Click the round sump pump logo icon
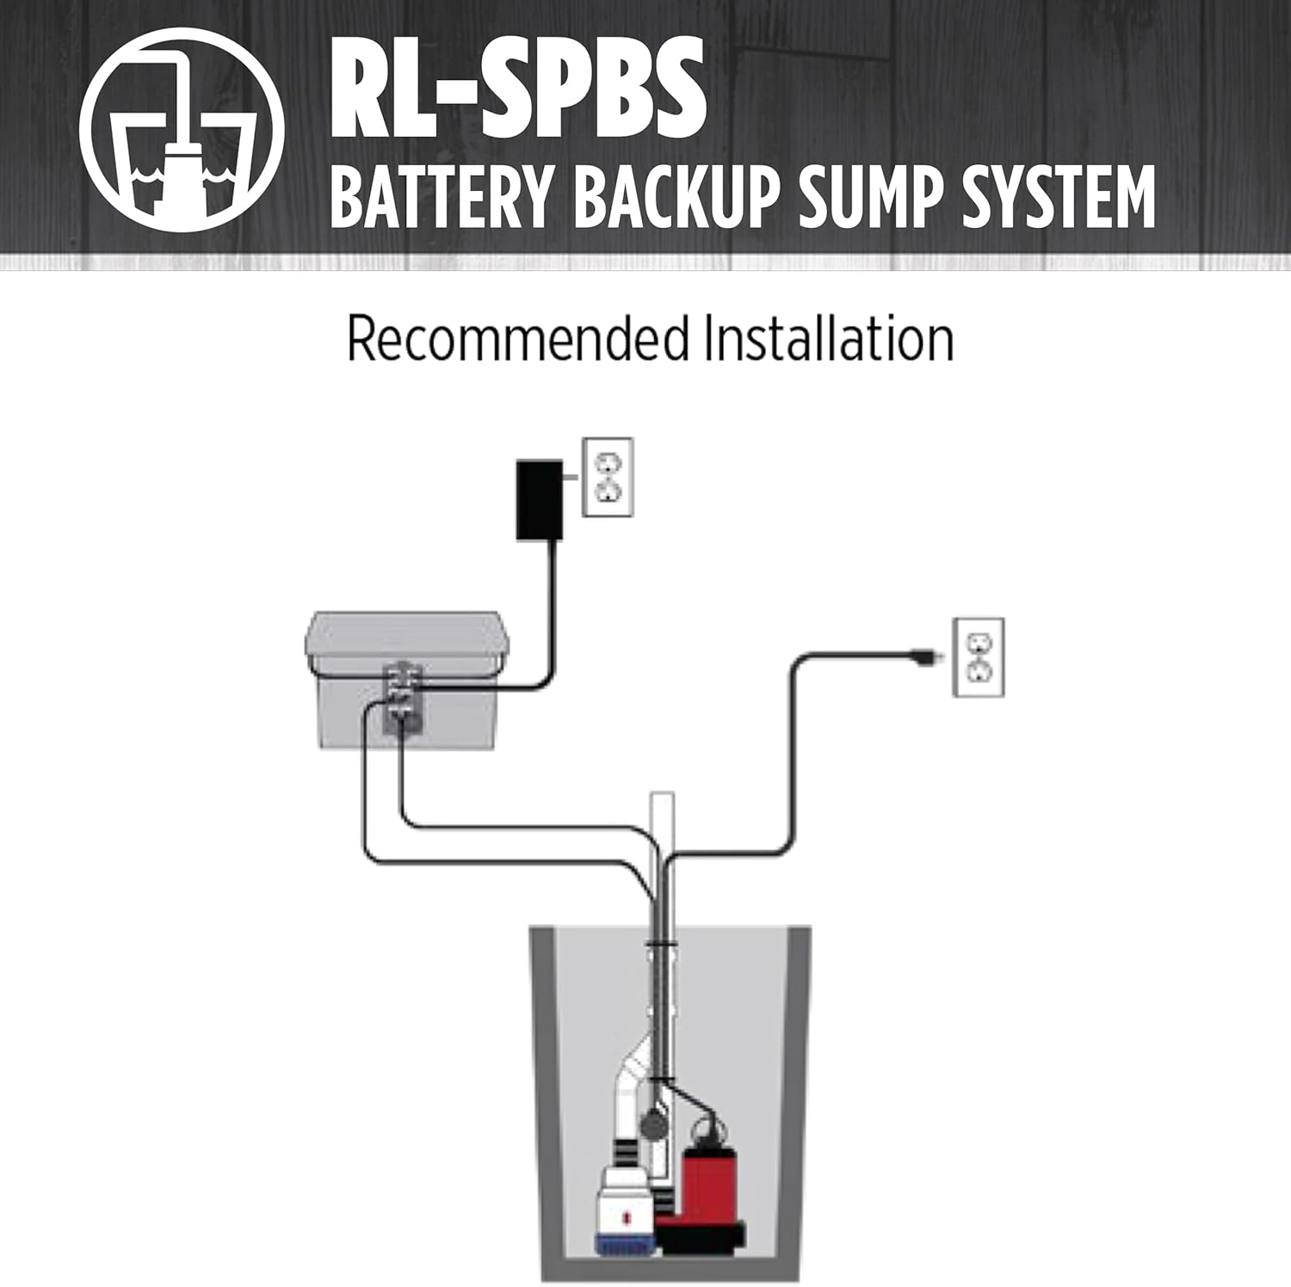pyautogui.click(x=182, y=130)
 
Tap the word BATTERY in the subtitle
pyautogui.click(x=440, y=197)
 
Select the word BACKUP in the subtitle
pyautogui.click(x=675, y=197)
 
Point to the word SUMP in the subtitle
pyautogui.click(x=870, y=197)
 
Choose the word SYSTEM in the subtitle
pyautogui.click(x=1058, y=197)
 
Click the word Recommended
pyautogui.click(x=517, y=338)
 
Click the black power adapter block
pyautogui.click(x=539, y=500)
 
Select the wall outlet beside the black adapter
pyautogui.click(x=608, y=477)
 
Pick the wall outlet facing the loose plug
pyautogui.click(x=979, y=656)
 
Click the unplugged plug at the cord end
pyautogui.click(x=924, y=657)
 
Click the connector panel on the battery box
pyautogui.click(x=402, y=697)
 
